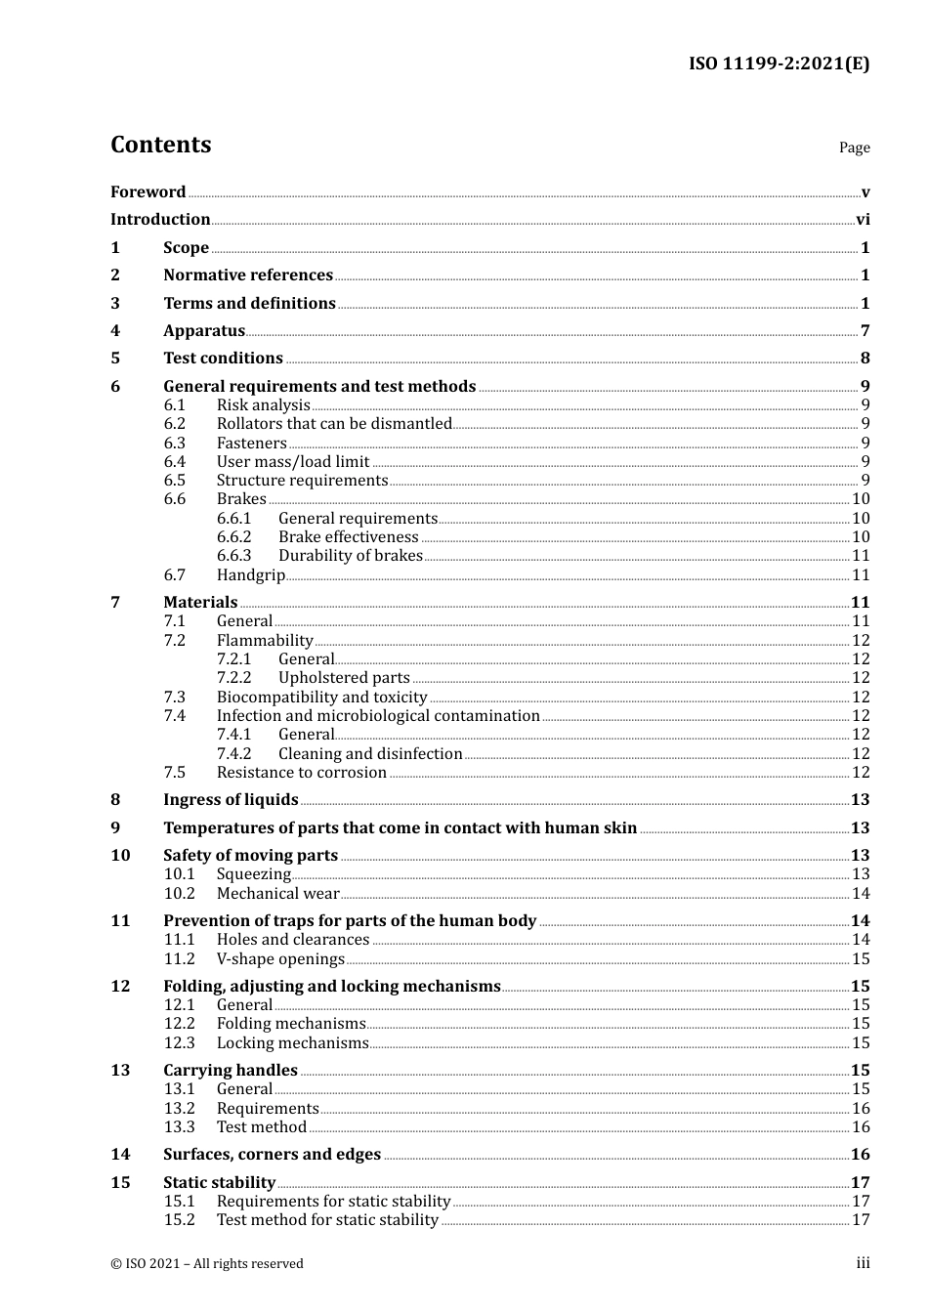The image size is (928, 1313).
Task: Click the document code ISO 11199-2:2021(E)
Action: tap(779, 64)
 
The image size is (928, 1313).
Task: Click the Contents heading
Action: tap(160, 145)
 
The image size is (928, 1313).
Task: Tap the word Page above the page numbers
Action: tap(854, 148)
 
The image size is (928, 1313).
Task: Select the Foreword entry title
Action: tap(148, 192)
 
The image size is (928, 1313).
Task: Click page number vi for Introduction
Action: tap(863, 220)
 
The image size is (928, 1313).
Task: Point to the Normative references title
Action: tap(248, 275)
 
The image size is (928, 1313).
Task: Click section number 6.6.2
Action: tap(233, 537)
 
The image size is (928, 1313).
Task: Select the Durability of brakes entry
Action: tap(350, 556)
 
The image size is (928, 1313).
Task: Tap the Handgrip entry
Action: tap(250, 575)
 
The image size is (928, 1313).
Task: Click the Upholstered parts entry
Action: tap(344, 678)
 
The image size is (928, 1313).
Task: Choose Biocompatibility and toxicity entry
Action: tap(321, 698)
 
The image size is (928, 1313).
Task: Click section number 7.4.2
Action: tap(233, 754)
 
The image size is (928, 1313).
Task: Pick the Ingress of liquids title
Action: tap(231, 800)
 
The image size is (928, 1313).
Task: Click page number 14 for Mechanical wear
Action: tap(861, 894)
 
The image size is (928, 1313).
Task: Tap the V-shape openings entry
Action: tap(280, 959)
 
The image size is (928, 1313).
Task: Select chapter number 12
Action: tap(120, 987)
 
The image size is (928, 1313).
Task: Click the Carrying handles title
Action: tap(230, 1071)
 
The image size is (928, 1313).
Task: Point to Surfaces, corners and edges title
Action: tap(272, 1155)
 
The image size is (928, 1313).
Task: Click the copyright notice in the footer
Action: tap(207, 1264)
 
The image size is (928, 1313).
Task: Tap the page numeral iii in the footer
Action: tap(863, 1263)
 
